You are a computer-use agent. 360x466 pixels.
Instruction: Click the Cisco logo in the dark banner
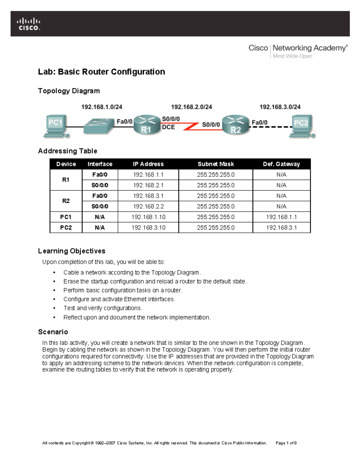(x=28, y=24)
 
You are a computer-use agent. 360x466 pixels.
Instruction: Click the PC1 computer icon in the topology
(x=56, y=126)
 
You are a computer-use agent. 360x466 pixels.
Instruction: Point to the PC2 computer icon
(x=302, y=126)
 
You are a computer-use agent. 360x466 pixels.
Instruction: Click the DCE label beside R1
(x=168, y=127)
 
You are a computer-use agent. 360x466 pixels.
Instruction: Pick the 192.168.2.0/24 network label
(x=191, y=107)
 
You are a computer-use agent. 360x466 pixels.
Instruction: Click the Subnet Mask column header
(x=215, y=164)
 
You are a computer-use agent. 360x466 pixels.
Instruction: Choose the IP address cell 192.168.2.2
(x=148, y=206)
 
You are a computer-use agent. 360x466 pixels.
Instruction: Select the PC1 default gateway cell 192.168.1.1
(x=281, y=217)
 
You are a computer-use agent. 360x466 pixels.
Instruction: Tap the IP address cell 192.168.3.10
(x=148, y=227)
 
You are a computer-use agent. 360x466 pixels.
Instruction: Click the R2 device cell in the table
(x=66, y=201)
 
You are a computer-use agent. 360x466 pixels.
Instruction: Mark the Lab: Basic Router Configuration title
(x=101, y=72)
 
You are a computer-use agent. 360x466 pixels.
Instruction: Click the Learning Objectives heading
(x=71, y=251)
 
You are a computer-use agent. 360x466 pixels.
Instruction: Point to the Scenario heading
(x=53, y=332)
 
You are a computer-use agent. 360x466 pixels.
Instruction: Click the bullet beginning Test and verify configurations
(x=103, y=308)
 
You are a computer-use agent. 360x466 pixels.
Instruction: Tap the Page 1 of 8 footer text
(x=286, y=443)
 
